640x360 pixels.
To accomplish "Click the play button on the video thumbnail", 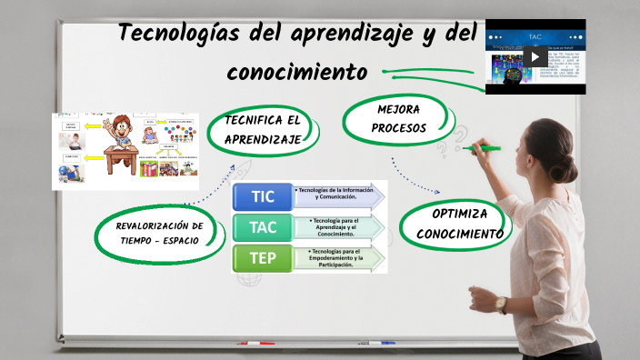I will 535,56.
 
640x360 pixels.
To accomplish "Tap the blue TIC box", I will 262,196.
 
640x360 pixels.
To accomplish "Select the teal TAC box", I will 262,227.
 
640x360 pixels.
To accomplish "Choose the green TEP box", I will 262,258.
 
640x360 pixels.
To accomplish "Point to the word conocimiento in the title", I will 296,71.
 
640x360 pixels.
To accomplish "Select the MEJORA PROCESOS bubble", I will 397,119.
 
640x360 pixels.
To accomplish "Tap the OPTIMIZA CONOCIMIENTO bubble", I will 459,224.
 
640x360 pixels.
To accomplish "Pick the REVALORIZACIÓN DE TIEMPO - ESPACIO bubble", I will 159,233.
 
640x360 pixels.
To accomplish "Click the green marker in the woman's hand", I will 484,146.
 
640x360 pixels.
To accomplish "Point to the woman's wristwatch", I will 503,305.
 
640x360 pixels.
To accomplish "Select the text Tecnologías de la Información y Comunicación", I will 336,193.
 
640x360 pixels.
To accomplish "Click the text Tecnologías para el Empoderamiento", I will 335,258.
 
